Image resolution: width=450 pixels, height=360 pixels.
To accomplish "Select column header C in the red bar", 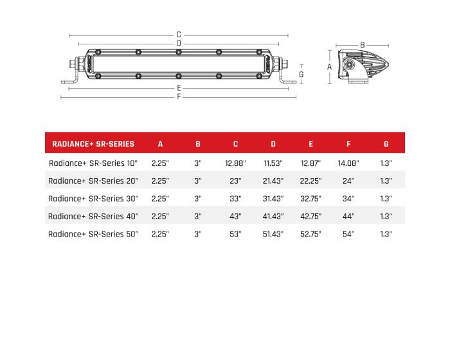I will tap(235, 143).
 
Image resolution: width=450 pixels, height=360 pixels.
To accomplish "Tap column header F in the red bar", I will tap(348, 143).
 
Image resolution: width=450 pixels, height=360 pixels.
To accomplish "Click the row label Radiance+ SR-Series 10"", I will tap(93, 163).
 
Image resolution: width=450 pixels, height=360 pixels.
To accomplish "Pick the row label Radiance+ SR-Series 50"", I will tap(93, 234).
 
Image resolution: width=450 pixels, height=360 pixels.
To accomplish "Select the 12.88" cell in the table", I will tap(235, 163).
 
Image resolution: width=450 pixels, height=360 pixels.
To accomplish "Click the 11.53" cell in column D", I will tap(273, 163).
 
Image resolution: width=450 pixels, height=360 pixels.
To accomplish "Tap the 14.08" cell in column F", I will tap(348, 163).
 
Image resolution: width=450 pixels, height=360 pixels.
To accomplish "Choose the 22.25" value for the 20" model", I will tap(310, 181).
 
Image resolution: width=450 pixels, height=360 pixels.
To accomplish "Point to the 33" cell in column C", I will tap(235, 199).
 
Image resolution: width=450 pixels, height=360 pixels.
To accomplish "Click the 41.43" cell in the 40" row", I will tap(273, 217).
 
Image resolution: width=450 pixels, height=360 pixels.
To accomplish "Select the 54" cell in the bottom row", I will tap(348, 234).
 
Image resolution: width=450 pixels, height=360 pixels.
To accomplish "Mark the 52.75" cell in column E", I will tap(310, 234).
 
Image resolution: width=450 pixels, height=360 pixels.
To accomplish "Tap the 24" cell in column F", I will tap(348, 181).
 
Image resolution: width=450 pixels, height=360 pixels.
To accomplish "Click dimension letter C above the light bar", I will tap(179, 35).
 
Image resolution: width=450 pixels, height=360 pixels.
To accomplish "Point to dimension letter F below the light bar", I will tap(179, 97).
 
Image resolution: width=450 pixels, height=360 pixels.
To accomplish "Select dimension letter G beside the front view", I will tap(301, 74).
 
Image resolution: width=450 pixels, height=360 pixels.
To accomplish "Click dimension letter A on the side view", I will tap(328, 66).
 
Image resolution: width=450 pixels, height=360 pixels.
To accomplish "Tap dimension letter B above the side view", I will tap(363, 45).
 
